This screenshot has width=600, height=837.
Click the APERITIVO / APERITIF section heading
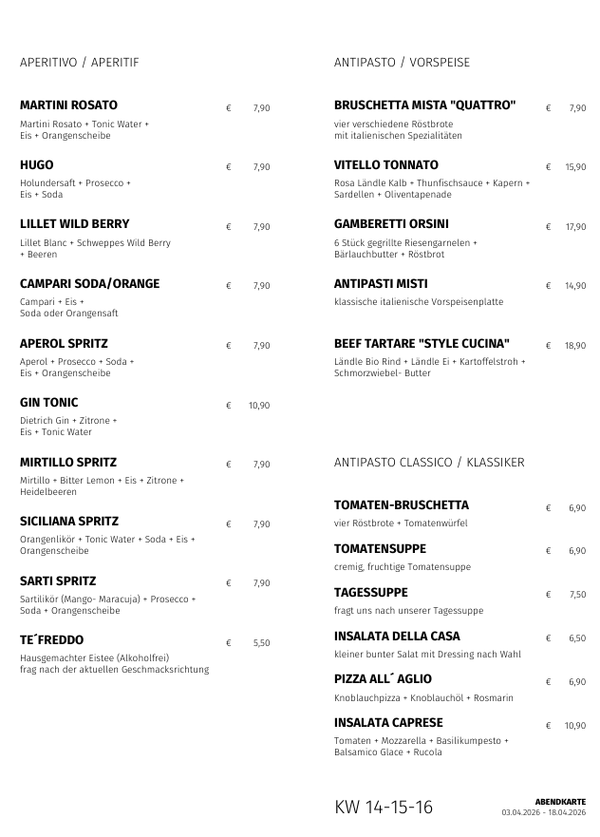[80, 63]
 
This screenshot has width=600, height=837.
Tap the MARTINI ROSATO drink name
[68, 105]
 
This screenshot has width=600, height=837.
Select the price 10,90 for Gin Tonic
[259, 406]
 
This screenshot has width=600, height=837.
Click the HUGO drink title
[37, 165]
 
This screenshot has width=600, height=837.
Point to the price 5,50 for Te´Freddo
[262, 643]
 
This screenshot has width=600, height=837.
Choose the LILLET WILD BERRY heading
[75, 225]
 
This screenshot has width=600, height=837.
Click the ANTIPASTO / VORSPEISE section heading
[402, 63]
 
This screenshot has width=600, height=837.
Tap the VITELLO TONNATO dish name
[386, 165]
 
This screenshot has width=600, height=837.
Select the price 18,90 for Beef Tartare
[575, 346]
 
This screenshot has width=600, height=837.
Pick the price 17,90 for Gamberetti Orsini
[575, 227]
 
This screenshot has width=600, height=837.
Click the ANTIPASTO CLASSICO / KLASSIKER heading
[429, 463]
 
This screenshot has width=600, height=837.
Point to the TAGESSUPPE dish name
[371, 593]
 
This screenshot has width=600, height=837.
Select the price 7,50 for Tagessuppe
[577, 595]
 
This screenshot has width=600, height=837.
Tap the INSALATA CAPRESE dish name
[388, 723]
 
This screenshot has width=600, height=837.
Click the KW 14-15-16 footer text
[384, 808]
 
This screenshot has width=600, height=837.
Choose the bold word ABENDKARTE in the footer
[560, 802]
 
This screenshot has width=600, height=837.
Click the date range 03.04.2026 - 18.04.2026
[544, 812]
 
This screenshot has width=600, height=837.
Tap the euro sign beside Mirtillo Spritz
[229, 465]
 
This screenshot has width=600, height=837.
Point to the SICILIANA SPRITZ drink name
[69, 522]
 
